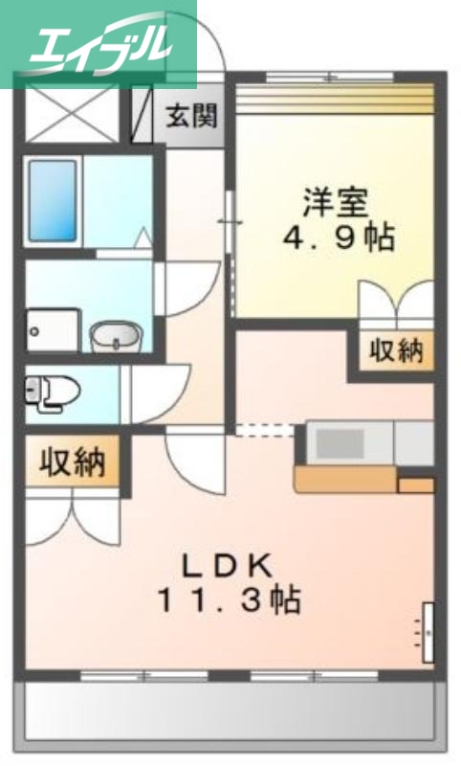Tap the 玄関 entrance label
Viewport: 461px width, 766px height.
point(191,117)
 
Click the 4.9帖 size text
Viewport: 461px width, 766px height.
point(338,238)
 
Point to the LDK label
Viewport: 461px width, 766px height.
point(230,565)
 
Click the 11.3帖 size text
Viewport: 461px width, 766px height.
point(230,601)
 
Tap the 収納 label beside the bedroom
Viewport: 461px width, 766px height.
point(396,351)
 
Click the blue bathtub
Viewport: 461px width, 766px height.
point(53,199)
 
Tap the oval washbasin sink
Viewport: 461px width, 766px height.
point(116,336)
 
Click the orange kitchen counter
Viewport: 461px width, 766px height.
point(344,476)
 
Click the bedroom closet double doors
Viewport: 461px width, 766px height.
point(396,302)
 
